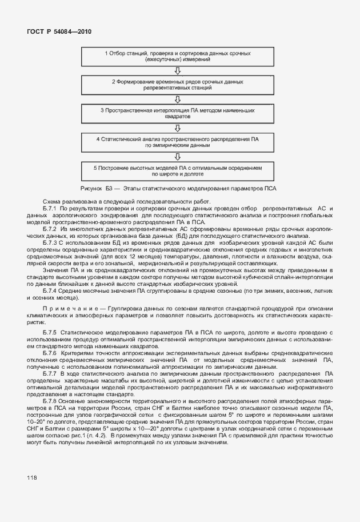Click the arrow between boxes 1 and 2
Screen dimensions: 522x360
click(x=178, y=71)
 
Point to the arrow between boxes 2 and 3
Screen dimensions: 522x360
click(x=178, y=99)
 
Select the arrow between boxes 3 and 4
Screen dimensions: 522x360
click(x=178, y=127)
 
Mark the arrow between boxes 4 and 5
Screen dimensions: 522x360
click(x=178, y=156)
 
